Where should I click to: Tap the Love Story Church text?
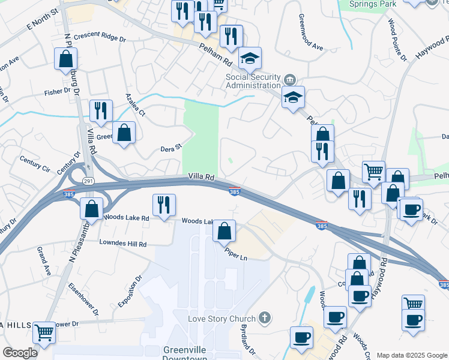[222, 318]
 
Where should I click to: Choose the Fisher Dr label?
[58, 93]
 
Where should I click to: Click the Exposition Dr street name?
[129, 292]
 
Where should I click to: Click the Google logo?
[20, 353]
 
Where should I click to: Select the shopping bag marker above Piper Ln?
[224, 231]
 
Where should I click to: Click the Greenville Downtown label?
[185, 353]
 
